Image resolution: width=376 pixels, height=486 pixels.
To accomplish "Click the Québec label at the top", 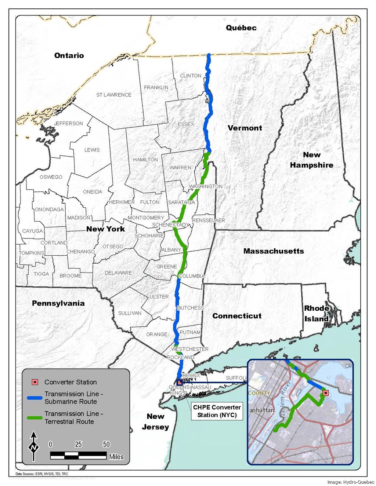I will [x=241, y=28].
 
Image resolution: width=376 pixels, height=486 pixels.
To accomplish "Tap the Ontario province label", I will [x=69, y=55].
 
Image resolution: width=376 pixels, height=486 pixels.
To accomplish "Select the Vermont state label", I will [x=245, y=128].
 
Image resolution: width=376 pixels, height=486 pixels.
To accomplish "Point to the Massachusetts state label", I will [x=274, y=251].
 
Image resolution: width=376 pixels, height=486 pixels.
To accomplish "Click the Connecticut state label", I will [x=237, y=316].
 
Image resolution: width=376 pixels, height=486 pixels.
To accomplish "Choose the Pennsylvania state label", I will [x=58, y=303].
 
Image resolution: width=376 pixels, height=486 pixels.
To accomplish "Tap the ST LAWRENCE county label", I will [x=114, y=95].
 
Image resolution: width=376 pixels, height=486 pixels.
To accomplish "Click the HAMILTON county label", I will [x=145, y=160].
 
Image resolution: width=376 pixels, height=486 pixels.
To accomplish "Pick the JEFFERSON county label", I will [x=69, y=124].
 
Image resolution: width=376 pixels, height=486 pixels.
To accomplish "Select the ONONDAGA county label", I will [x=49, y=209].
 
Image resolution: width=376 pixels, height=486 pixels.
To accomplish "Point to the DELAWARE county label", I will [x=118, y=273].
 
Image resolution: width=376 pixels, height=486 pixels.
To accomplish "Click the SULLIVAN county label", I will [x=130, y=313].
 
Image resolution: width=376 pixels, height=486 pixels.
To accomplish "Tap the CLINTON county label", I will [x=191, y=76].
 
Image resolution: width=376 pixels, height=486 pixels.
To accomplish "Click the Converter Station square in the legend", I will [x=35, y=382].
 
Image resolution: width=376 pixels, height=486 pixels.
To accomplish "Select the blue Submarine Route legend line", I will [x=35, y=398].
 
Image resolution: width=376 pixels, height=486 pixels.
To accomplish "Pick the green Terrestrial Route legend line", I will [x=35, y=417].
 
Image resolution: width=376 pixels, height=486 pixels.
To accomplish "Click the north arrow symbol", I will [x=34, y=446].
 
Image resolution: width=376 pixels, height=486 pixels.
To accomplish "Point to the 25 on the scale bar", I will [x=78, y=444].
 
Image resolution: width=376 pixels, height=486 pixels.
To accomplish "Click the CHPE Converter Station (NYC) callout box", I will [x=217, y=411].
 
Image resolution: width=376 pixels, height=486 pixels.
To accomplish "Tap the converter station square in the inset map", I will [x=325, y=393].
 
